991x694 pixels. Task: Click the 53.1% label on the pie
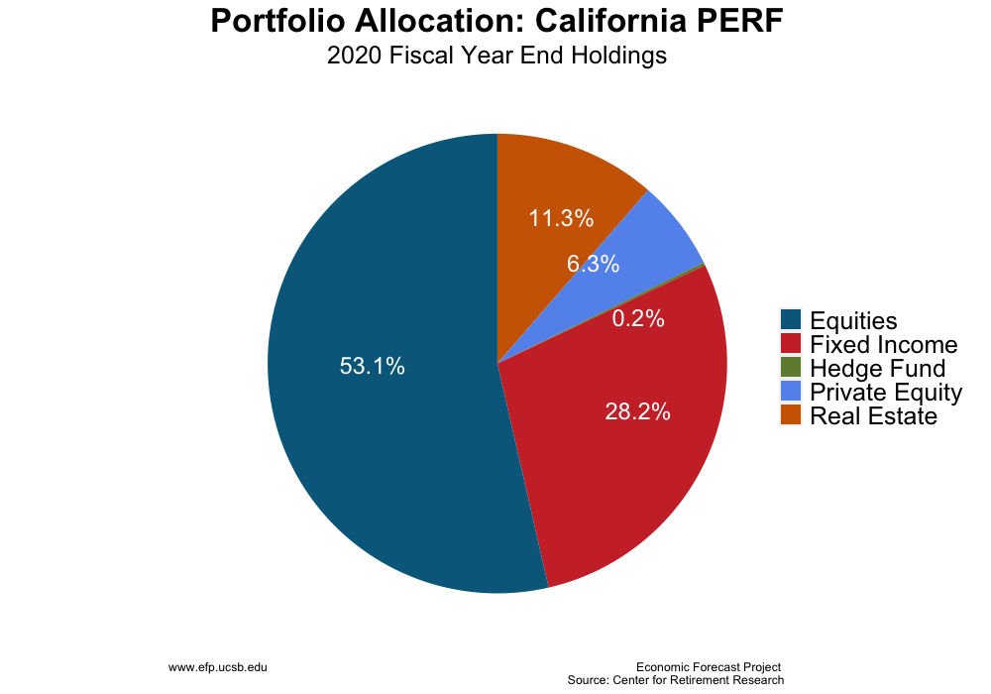[372, 366]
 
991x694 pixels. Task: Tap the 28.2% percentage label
[637, 411]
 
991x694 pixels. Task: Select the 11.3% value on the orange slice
[561, 218]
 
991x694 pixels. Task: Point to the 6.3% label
[593, 265]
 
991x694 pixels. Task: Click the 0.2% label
[638, 319]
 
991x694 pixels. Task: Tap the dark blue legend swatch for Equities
[790, 319]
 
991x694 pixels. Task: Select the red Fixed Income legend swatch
[790, 343]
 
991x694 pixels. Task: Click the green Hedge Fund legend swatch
[790, 367]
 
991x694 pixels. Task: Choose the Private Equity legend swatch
[790, 391]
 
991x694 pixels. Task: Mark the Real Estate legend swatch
[790, 414]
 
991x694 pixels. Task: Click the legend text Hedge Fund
[877, 369]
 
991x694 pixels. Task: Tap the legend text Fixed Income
[883, 345]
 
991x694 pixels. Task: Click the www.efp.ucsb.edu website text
[218, 668]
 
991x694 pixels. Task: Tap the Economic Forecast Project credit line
[709, 667]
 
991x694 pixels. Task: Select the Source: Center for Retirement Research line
[675, 680]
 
